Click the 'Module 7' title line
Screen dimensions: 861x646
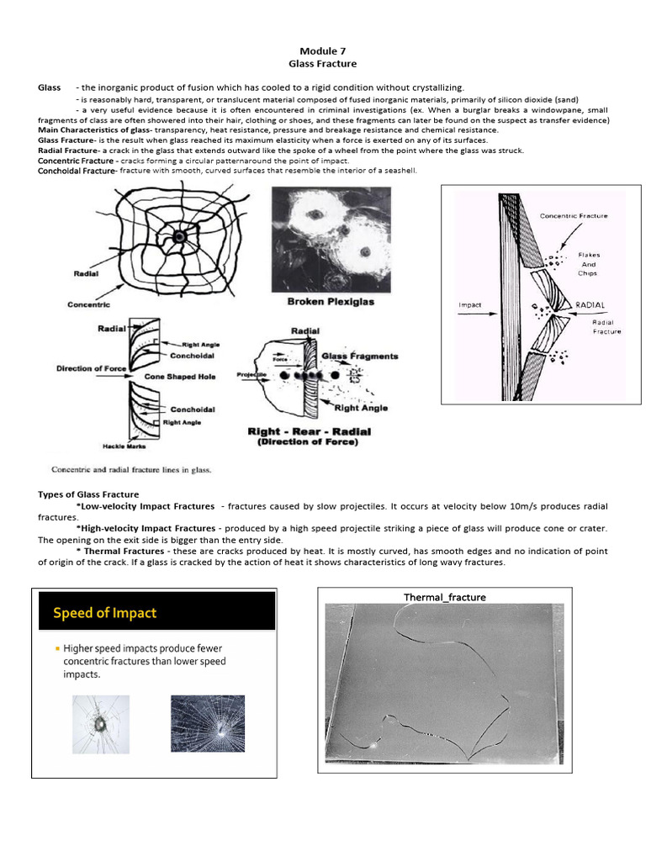coord(322,50)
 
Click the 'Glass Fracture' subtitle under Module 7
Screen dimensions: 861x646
coord(322,64)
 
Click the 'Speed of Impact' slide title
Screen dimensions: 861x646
coord(105,613)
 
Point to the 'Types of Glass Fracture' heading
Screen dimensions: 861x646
coord(88,494)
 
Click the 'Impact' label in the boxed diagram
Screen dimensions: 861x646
coord(470,304)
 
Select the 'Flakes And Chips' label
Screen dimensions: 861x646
coord(588,263)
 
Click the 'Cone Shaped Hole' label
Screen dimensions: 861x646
coord(180,377)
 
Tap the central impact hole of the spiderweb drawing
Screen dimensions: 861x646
coord(178,239)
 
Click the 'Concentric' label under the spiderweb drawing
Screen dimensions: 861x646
coord(89,304)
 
